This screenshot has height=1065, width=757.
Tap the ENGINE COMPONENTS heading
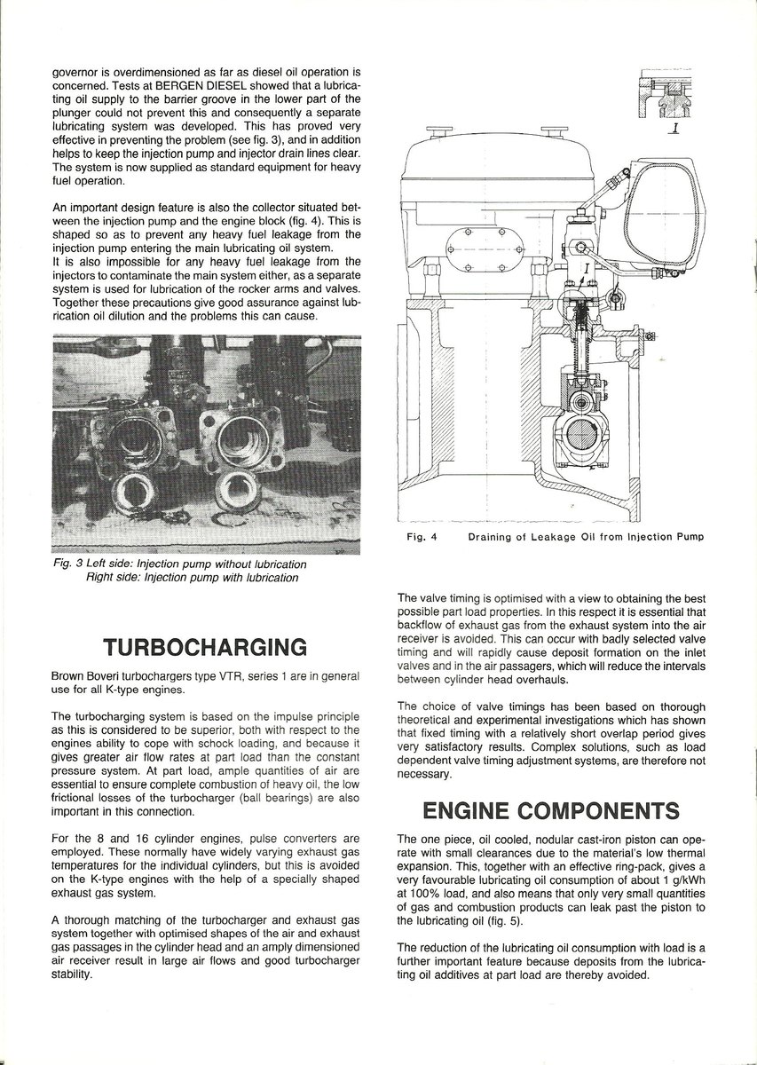(538, 811)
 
